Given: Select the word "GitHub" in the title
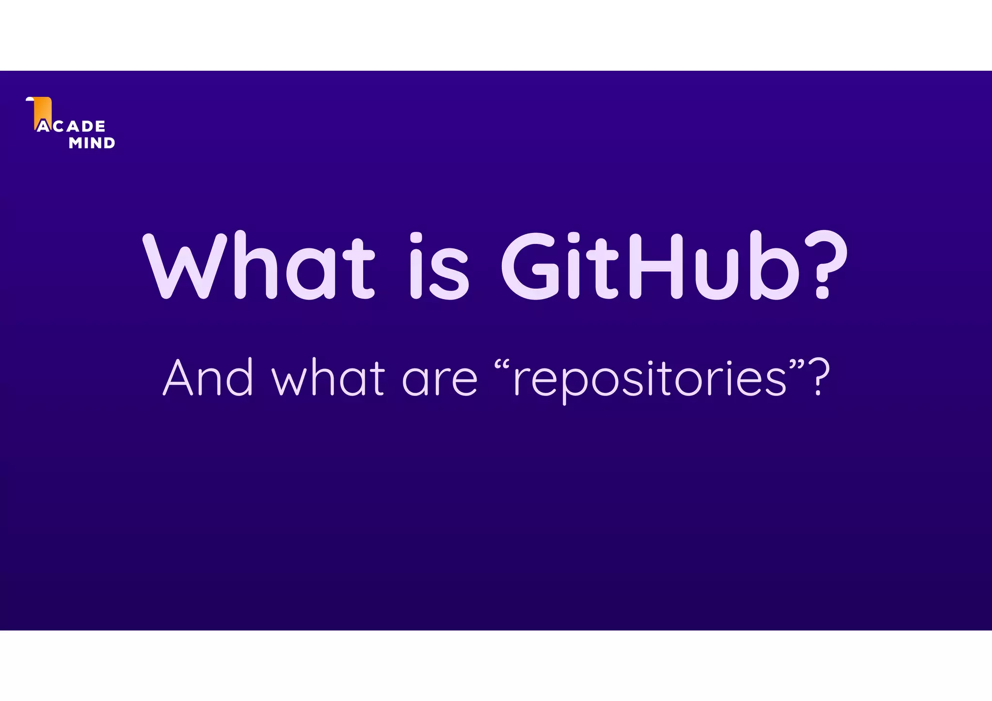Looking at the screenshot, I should tap(649, 266).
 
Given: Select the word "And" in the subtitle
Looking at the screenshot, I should tap(208, 378).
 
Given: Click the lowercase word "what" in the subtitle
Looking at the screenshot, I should tap(328, 378).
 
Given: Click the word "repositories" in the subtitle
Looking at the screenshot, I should tap(649, 380).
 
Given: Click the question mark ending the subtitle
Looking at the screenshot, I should tap(820, 378).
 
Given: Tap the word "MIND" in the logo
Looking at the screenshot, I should tap(92, 143).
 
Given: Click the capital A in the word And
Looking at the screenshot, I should tap(178, 378).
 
